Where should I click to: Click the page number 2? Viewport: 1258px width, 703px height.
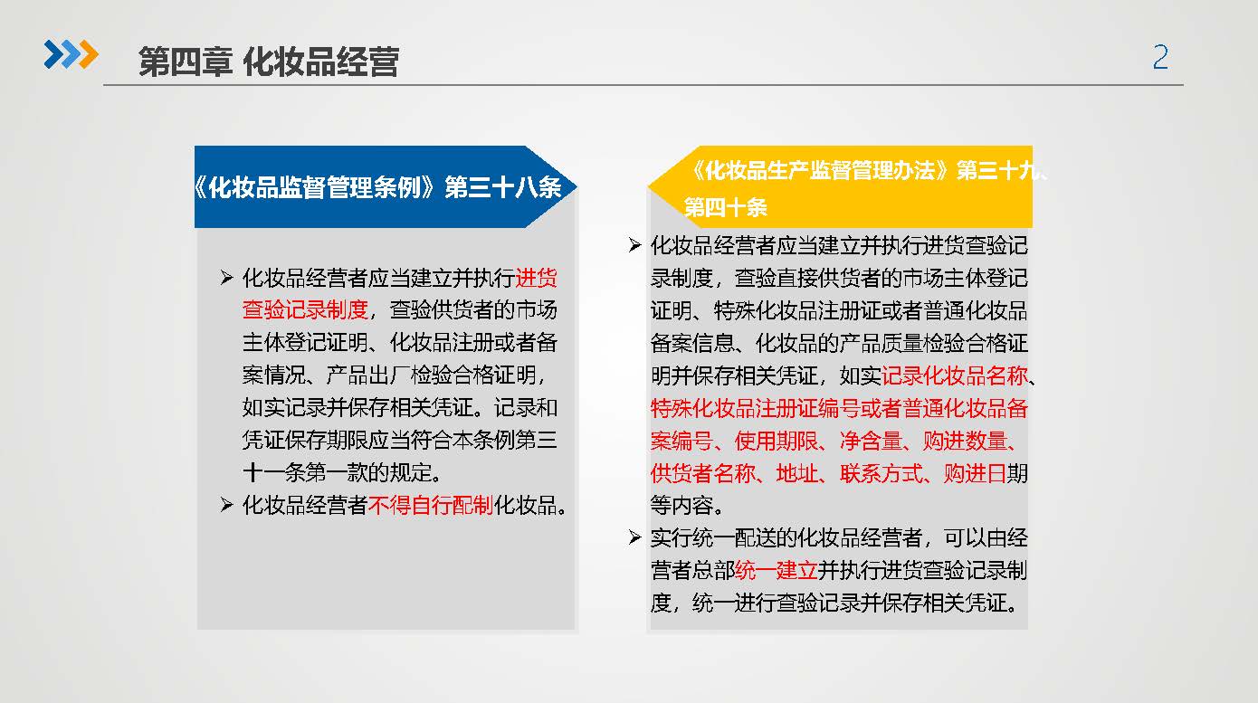[x=1160, y=57]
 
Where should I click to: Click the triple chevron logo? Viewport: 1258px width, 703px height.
[x=71, y=54]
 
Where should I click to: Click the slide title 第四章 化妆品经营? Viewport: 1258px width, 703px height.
[x=269, y=62]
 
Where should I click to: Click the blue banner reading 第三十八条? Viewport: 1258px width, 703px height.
[x=386, y=187]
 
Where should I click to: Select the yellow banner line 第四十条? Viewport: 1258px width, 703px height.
[x=725, y=208]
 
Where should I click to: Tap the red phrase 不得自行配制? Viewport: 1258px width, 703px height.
[x=431, y=506]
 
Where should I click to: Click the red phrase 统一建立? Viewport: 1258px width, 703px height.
[x=776, y=571]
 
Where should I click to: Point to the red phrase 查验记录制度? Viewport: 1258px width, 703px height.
[x=305, y=310]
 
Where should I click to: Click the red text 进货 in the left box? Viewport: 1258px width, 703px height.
[x=537, y=278]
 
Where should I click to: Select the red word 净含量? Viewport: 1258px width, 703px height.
[x=871, y=441]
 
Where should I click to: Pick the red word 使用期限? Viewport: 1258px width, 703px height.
[x=777, y=441]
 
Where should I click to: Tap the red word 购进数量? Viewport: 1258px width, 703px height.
[x=964, y=441]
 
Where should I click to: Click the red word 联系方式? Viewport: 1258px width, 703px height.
[x=882, y=473]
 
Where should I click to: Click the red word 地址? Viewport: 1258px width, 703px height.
[x=797, y=473]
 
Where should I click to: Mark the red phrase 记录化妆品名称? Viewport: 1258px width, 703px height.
[x=955, y=375]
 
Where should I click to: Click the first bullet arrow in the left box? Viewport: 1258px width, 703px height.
[x=226, y=278]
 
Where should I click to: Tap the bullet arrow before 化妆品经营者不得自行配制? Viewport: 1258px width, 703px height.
[x=226, y=506]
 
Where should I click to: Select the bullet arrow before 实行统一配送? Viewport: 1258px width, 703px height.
[x=634, y=538]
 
